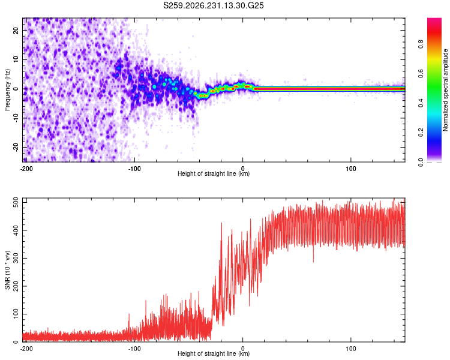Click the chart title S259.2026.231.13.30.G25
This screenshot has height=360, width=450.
point(213,5)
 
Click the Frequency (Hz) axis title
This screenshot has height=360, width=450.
point(7,90)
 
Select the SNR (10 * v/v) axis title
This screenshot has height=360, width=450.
point(7,270)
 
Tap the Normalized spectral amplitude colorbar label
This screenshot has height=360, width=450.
point(445,90)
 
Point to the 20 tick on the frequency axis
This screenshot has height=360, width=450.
point(16,31)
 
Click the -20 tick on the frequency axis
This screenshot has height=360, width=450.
point(16,147)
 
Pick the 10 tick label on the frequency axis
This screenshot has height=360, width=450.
point(16,60)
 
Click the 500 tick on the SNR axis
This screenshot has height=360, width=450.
point(16,203)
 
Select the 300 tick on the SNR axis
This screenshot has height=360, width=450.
point(16,259)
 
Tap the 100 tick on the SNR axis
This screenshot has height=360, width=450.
point(16,314)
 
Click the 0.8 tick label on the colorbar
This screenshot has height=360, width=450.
point(421,44)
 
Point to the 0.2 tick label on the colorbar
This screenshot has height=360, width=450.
point(421,133)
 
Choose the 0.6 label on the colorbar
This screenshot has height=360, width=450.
point(421,73)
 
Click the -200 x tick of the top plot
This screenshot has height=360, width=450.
point(26,169)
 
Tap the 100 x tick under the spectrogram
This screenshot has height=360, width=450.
point(351,169)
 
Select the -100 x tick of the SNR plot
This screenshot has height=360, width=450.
point(134,349)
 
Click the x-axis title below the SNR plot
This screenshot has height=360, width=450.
point(214,353)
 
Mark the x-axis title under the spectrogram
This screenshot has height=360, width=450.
point(214,173)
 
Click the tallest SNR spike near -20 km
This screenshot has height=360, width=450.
point(221,223)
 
